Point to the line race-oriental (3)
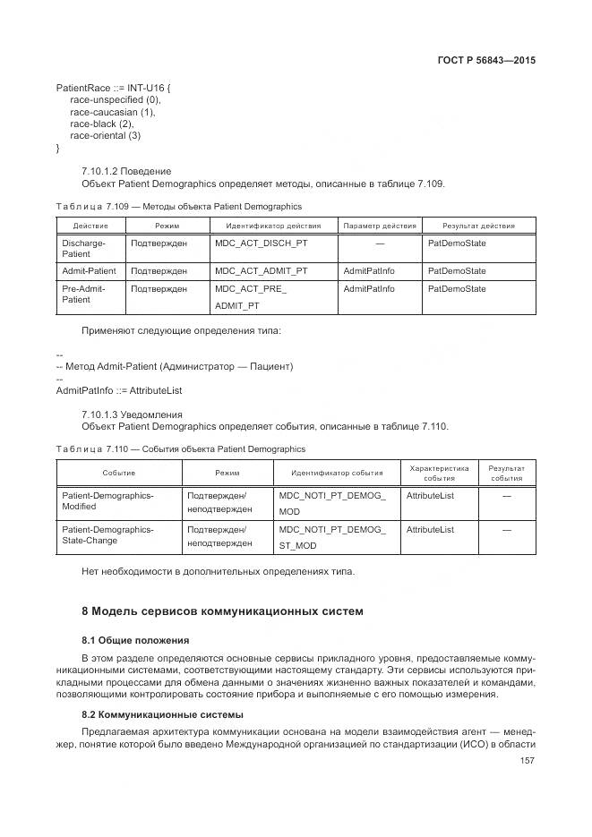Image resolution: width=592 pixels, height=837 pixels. [105, 135]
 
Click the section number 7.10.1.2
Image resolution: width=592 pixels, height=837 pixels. [107, 171]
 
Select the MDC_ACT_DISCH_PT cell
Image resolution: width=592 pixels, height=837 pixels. [261, 243]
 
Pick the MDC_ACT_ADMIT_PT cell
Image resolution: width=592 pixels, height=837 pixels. [262, 270]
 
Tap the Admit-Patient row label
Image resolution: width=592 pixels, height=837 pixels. [89, 270]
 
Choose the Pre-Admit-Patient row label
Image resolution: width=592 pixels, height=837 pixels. [83, 294]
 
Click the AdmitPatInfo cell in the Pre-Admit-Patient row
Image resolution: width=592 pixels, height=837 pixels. [368, 288]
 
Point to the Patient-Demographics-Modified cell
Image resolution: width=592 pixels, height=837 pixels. [107, 500]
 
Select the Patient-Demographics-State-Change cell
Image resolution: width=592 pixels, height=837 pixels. [107, 534]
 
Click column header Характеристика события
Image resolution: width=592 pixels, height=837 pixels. [439, 473]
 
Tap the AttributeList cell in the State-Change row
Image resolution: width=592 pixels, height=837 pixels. [430, 529]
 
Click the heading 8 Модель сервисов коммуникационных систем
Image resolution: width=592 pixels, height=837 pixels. [222, 611]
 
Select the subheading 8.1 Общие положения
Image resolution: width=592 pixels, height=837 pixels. [135, 641]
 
